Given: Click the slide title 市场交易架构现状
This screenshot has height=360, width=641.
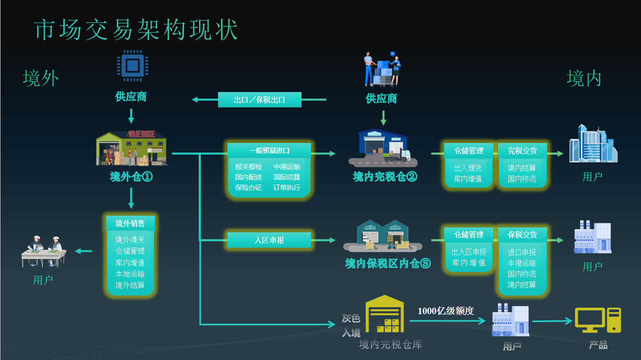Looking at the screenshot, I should tap(136, 30).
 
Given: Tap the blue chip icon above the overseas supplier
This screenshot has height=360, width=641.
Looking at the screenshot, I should tap(131, 66).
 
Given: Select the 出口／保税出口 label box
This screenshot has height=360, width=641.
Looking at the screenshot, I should tap(260, 100).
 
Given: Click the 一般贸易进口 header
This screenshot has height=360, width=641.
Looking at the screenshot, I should tap(269, 150).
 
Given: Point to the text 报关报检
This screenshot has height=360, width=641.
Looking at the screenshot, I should tap(249, 167).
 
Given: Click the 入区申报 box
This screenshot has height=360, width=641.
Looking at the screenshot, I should tap(269, 240).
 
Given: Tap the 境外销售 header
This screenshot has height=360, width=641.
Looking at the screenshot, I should tap(130, 223).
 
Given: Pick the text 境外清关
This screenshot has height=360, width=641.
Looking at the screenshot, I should tap(130, 240).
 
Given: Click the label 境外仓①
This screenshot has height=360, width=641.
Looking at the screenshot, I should tap(131, 176).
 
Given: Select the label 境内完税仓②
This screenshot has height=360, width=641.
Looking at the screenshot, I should tap(385, 176).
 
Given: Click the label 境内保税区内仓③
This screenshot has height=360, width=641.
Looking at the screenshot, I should tap(388, 263).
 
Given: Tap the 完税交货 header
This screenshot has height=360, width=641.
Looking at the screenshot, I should tap(522, 151).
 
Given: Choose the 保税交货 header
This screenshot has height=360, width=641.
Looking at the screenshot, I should tap(522, 235).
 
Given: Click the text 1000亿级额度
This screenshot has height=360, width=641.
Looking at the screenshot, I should tap(446, 311).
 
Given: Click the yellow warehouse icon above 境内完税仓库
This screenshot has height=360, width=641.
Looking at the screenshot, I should tap(385, 314).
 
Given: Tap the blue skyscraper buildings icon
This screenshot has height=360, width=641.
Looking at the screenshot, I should tap(593, 144).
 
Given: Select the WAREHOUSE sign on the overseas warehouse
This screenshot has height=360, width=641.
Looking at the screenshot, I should tap(141, 134).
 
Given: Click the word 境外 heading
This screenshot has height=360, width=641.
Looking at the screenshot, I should tap(41, 78).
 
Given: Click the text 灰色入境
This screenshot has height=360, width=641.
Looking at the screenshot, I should tap(351, 326).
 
